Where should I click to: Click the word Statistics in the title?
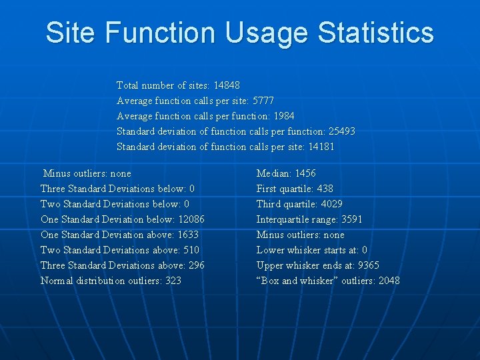click(376, 33)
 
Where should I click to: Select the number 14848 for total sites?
click(227, 85)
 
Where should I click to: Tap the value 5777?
click(263, 101)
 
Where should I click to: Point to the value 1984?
click(284, 116)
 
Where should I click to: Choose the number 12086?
click(191, 219)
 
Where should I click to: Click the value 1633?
click(188, 235)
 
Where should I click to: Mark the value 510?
click(190, 250)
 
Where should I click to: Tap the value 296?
click(196, 265)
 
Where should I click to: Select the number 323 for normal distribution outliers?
click(173, 281)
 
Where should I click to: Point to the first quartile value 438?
click(325, 189)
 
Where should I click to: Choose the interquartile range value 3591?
click(352, 219)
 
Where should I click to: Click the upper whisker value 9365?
click(369, 265)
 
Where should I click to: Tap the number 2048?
click(389, 281)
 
